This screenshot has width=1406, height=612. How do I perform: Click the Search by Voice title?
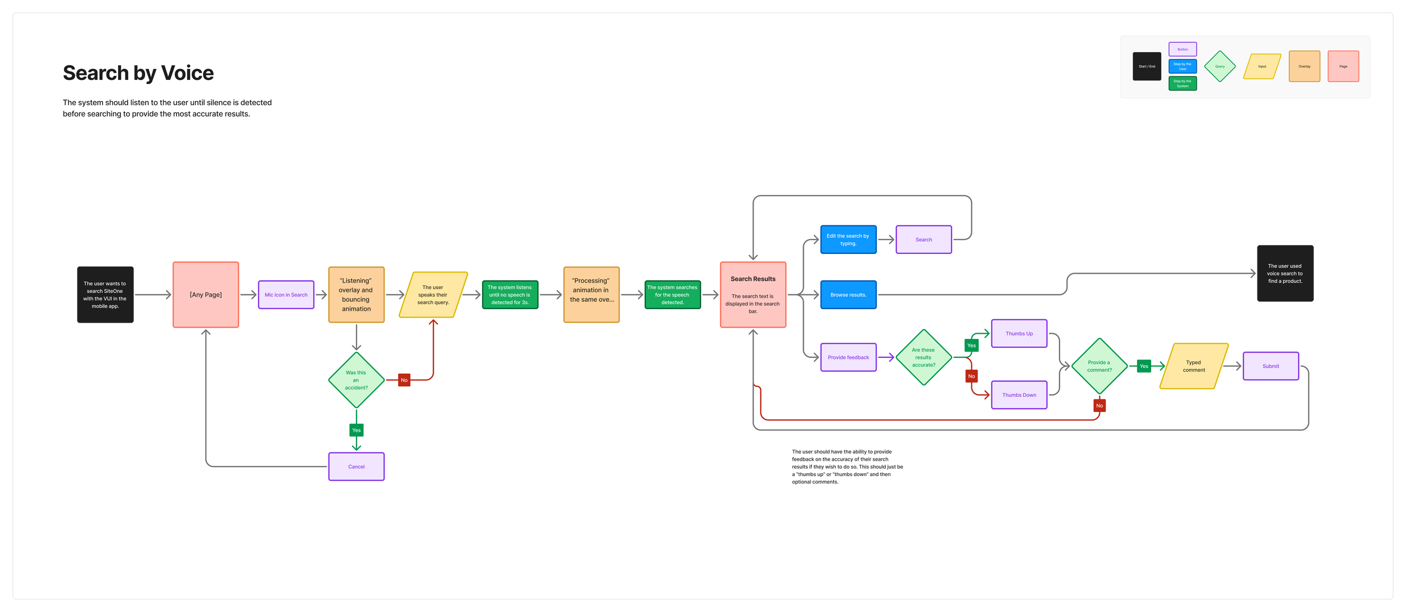(x=138, y=73)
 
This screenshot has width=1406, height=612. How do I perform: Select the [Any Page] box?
(x=206, y=294)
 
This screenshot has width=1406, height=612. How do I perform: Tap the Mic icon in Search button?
(x=286, y=294)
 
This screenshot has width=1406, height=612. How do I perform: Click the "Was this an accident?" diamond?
(x=356, y=380)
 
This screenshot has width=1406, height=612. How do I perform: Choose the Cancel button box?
(x=356, y=466)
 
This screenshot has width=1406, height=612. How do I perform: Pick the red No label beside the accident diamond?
(x=404, y=380)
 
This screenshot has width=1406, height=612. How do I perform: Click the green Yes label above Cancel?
(x=356, y=430)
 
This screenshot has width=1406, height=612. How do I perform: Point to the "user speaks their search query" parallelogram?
(x=433, y=294)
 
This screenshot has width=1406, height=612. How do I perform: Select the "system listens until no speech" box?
(x=510, y=294)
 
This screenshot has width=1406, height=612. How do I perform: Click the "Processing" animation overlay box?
(x=591, y=294)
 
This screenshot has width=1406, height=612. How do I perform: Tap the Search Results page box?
(x=752, y=294)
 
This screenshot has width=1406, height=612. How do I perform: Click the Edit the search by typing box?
(x=848, y=239)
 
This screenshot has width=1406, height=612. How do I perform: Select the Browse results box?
(x=848, y=294)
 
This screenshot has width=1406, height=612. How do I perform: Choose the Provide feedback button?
(x=848, y=357)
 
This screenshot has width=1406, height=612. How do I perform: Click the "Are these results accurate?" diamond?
(x=923, y=357)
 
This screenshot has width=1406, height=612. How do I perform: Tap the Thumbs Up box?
(x=1019, y=333)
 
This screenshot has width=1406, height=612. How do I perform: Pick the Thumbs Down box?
(x=1019, y=395)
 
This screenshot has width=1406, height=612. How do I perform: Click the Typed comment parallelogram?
(x=1193, y=366)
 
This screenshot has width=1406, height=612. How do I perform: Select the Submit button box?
(x=1270, y=366)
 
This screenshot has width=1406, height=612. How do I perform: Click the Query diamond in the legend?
(x=1219, y=66)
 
